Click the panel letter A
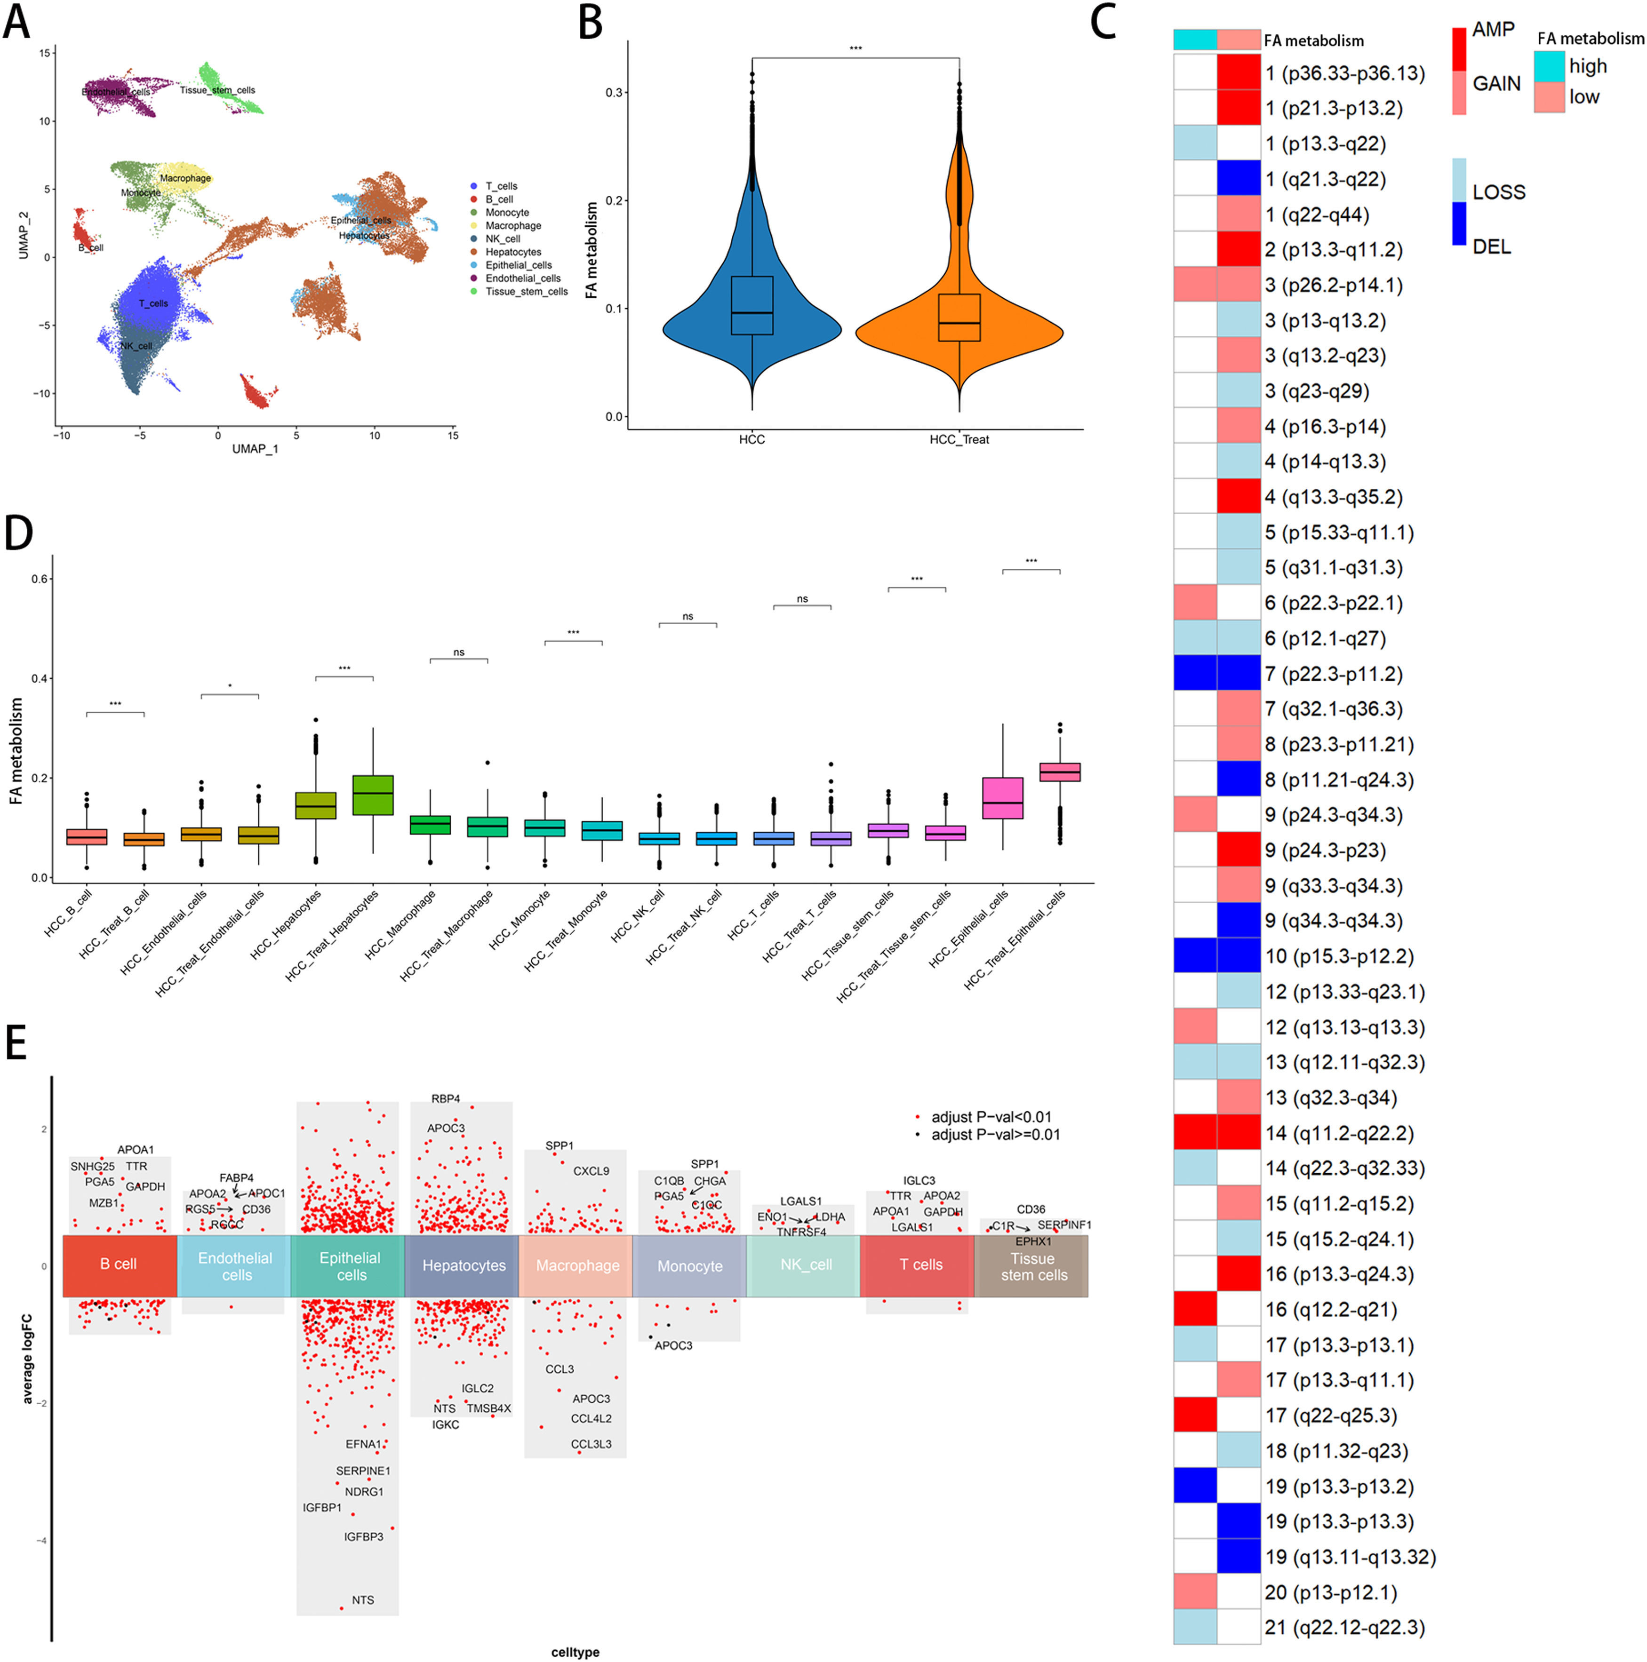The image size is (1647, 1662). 17,23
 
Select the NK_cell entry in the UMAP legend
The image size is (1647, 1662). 503,239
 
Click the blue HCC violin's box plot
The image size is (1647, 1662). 752,305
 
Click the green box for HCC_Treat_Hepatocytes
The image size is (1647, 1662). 373,795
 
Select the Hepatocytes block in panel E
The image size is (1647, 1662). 464,1265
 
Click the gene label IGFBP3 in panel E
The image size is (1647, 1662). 363,1536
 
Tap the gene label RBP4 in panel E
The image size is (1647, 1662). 446,1098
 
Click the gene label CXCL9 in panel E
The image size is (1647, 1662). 591,1171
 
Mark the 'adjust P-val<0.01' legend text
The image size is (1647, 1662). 991,1117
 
